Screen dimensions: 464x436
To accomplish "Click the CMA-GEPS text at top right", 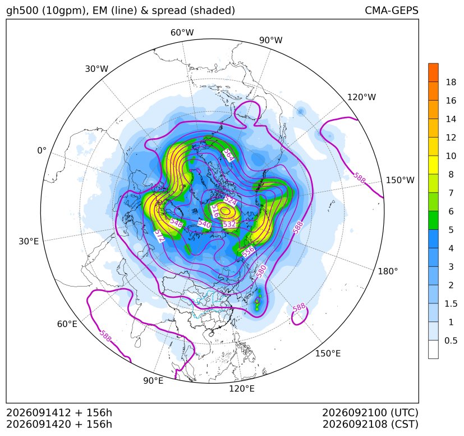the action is coord(392,10).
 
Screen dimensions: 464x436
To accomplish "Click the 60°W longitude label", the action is coord(182,33).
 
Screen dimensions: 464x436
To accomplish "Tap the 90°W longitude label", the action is coord(271,40).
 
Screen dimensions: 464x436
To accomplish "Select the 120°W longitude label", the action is coord(362,97).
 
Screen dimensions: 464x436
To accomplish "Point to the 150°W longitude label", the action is coord(400,180).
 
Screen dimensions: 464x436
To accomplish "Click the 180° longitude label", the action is coord(388,271).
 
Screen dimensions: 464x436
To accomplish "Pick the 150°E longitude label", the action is coord(328,353).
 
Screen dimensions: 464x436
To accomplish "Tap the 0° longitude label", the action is coord(42,151).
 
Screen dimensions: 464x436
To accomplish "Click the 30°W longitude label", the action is coord(97,69).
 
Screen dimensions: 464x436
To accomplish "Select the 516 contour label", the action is coord(215,211).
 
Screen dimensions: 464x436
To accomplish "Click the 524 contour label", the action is coord(230,201).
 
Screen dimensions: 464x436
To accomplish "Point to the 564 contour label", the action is coord(228,155).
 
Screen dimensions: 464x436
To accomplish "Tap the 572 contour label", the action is coord(159,236).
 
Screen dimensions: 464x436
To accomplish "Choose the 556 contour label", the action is coord(248,252).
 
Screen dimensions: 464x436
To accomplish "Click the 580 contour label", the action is coord(261,271).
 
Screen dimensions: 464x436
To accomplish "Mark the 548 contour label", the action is coord(176,223).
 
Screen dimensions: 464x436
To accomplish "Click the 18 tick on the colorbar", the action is coord(451,82).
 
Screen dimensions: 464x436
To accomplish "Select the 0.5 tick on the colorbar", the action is coord(451,340).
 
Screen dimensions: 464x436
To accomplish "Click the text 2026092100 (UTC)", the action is coord(370,412).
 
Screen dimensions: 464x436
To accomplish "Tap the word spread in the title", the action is coord(169,11).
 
